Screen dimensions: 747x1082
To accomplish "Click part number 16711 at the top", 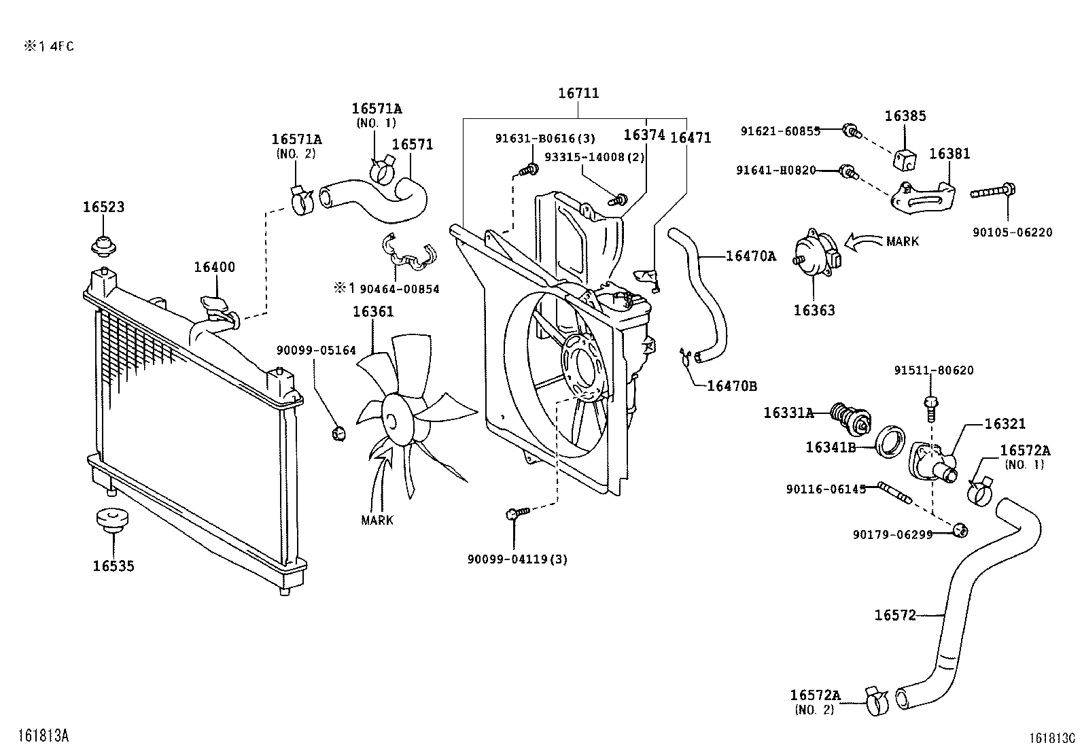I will pyautogui.click(x=578, y=93).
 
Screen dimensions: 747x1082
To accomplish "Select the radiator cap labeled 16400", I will pyautogui.click(x=213, y=304).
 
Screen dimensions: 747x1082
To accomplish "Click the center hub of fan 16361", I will pyautogui.click(x=395, y=419).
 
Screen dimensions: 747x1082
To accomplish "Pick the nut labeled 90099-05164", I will pyautogui.click(x=338, y=432).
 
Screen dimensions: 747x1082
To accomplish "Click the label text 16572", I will pyautogui.click(x=895, y=615).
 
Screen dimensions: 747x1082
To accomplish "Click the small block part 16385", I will pyautogui.click(x=905, y=160).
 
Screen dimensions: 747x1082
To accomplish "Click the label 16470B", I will pyautogui.click(x=732, y=386).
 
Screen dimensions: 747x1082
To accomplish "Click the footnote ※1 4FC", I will pyautogui.click(x=50, y=46).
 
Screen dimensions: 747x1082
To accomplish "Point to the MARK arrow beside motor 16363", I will pyautogui.click(x=862, y=241).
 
